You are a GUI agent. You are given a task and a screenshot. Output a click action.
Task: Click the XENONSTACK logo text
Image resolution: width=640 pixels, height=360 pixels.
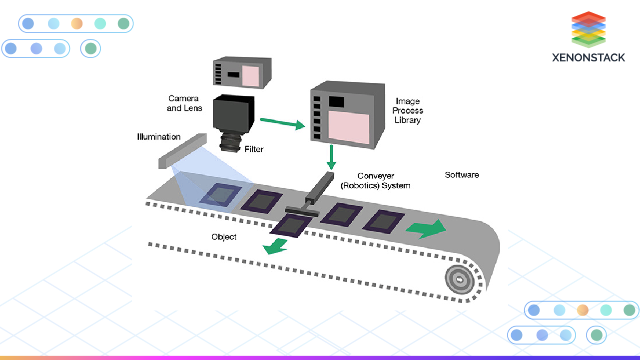589,57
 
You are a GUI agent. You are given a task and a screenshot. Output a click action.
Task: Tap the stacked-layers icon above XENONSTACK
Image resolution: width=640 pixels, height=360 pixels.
589,29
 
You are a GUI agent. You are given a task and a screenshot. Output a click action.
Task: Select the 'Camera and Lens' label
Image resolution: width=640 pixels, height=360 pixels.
184,103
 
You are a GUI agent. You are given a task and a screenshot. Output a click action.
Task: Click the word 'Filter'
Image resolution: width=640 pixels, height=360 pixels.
254,149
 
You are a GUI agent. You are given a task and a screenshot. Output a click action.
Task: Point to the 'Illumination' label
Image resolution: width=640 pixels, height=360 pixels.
159,137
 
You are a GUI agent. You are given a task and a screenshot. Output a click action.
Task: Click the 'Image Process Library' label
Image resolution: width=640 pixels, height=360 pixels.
408,110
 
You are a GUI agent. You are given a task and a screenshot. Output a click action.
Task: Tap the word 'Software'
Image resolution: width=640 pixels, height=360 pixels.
462,175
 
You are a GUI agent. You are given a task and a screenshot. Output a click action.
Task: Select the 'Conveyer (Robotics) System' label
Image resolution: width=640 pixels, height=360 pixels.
376,181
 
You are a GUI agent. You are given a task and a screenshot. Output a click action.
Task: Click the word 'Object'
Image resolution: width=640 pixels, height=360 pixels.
224,237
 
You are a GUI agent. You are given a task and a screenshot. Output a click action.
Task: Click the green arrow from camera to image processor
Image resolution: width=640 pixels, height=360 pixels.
283,123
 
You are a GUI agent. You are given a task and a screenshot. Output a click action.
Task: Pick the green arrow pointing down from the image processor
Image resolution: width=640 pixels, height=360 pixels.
331,157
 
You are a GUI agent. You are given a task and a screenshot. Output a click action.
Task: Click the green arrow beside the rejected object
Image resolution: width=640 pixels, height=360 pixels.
276,246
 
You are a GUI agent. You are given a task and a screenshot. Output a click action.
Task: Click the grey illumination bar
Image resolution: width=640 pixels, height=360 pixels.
182,150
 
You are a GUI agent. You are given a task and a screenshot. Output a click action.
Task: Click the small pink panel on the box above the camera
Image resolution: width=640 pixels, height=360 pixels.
250,76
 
